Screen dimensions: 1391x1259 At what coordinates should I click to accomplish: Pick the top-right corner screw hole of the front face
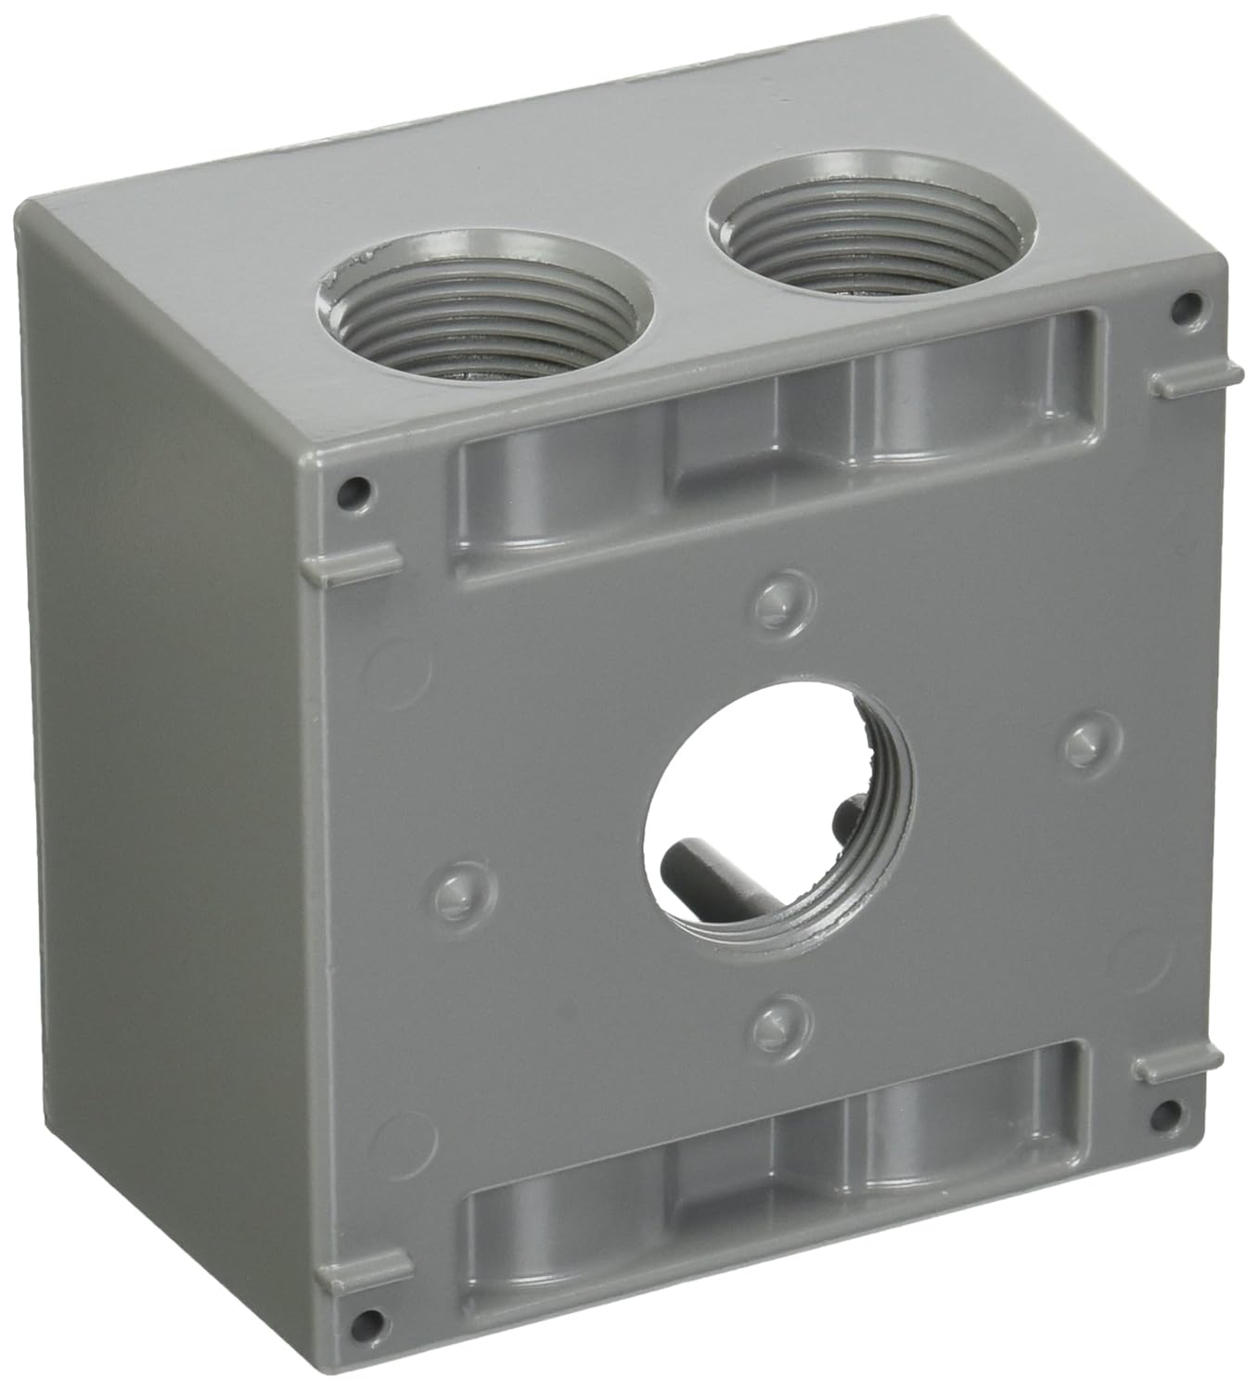pyautogui.click(x=1183, y=305)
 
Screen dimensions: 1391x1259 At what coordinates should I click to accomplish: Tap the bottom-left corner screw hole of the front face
pyautogui.click(x=369, y=1320)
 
